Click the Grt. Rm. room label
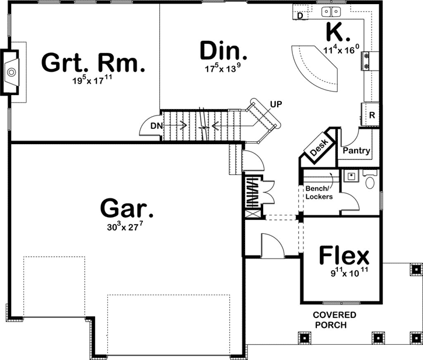pos(93,63)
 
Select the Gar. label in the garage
pos(127,207)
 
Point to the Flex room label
pos(344,256)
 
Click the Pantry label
pos(356,151)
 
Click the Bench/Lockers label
pos(319,193)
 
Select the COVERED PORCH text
pos(334,320)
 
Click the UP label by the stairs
pos(277,105)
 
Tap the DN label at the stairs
pos(155,125)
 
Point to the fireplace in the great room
pos(12,72)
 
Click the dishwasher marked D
pos(300,16)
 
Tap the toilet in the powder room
pos(369,181)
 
